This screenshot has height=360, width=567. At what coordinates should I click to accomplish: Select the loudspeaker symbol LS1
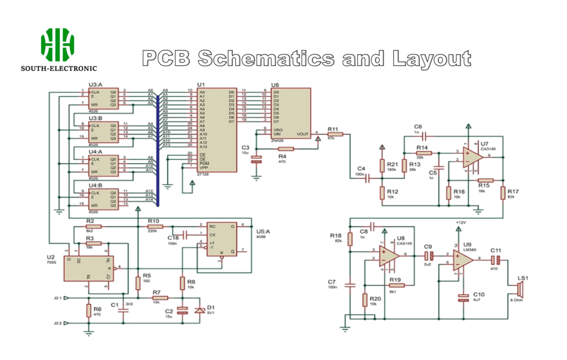520,290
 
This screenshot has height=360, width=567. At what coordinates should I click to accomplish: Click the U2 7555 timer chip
88,267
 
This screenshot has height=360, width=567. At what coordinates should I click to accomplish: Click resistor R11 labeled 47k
336,134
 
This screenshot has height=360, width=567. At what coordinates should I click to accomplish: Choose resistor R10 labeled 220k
155,227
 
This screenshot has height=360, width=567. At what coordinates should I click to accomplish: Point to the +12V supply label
460,222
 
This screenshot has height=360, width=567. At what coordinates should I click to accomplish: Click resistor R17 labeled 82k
502,193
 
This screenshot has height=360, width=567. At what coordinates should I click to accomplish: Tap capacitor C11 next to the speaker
496,259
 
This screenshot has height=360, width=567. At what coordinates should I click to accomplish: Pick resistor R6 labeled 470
89,311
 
